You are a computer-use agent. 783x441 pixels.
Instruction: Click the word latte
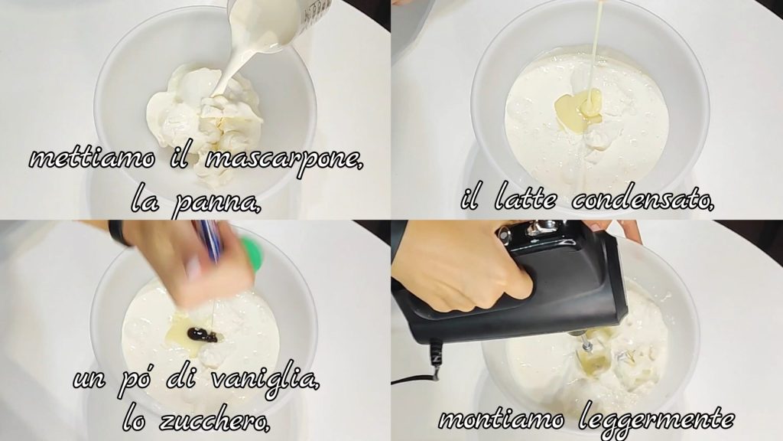[x=525, y=200]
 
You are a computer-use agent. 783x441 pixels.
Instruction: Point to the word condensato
[x=642, y=200]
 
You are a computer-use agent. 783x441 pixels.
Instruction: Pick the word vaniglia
[x=265, y=380]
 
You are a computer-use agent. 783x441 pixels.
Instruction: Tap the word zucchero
[x=214, y=421]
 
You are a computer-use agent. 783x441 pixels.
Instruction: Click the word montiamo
[x=502, y=419]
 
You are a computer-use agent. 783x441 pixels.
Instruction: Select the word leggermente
[x=657, y=419]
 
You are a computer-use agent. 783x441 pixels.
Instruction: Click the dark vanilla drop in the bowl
[x=201, y=335]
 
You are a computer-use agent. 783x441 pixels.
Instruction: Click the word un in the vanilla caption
[x=90, y=380]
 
